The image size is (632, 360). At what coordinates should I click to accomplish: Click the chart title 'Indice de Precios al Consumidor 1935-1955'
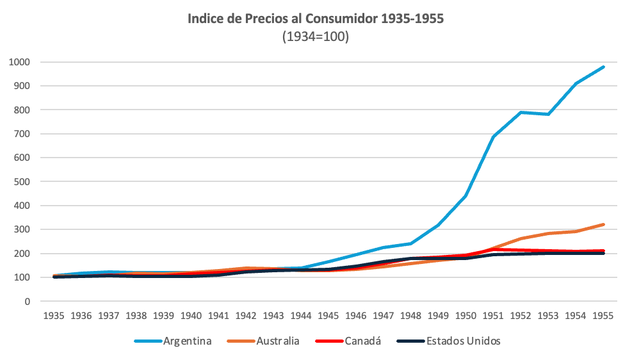coord(316,19)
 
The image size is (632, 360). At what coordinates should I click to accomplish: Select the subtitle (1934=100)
coord(316,37)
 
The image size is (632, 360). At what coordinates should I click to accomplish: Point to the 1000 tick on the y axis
coord(20,62)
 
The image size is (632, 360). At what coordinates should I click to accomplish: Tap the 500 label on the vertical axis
coord(22,182)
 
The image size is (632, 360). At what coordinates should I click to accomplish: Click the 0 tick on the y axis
coord(28,302)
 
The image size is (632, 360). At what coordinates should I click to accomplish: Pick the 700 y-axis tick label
coord(22,134)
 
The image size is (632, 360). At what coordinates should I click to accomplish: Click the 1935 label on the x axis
coord(54,316)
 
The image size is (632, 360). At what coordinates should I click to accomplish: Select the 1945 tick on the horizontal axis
coord(328,316)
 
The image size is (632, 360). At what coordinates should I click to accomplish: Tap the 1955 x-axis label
coord(603,316)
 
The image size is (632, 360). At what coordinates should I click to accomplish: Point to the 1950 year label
coord(466,316)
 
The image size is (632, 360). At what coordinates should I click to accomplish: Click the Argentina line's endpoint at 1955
coord(603,67)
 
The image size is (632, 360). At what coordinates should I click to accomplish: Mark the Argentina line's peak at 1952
coord(521,112)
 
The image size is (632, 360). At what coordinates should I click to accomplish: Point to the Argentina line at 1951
coord(493,136)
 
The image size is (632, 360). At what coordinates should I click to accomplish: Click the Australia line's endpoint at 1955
coord(603,225)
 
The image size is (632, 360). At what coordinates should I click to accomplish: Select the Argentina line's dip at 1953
coord(548,114)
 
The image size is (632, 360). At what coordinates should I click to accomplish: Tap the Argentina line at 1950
coord(466,196)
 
